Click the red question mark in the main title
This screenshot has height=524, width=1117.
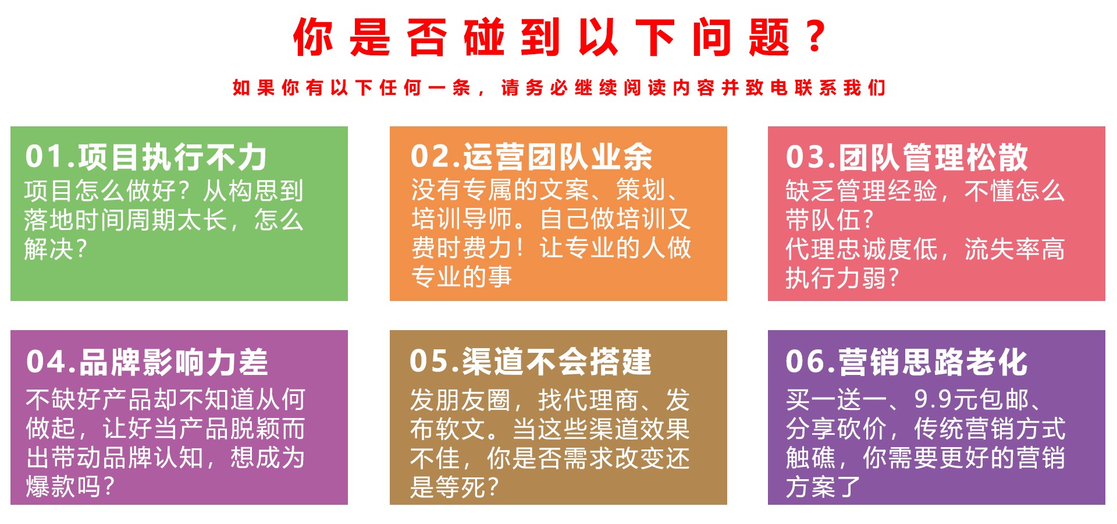tap(816, 36)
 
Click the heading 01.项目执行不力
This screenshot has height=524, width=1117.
tap(146, 157)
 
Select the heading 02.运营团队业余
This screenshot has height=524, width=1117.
tap(531, 157)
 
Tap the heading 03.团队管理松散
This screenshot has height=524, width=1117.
tap(906, 157)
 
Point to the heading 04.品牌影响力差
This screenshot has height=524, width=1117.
tap(147, 362)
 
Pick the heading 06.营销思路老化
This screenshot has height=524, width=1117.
tap(906, 362)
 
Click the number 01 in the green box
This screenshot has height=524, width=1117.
tap(44, 157)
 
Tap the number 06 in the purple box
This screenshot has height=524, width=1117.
tap(805, 362)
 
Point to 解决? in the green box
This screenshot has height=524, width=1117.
tap(55, 249)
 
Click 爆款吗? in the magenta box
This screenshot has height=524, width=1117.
tap(70, 487)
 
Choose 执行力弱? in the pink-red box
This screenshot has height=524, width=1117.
tap(842, 278)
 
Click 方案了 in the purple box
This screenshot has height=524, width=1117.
tap(823, 487)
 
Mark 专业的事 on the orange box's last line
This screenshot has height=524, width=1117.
tap(461, 277)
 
